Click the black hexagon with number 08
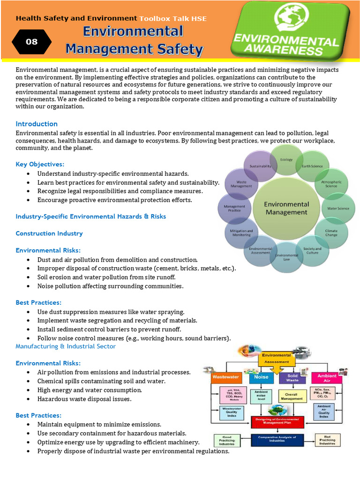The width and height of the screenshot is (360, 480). pyautogui.click(x=32, y=42)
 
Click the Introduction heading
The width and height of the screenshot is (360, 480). pyautogui.click(x=37, y=124)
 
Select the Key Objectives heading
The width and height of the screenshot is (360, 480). pyautogui.click(x=40, y=164)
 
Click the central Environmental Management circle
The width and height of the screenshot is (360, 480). pyautogui.click(x=286, y=208)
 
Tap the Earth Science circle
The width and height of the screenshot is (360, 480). pyautogui.click(x=312, y=166)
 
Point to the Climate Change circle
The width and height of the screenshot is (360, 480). pyautogui.click(x=331, y=232)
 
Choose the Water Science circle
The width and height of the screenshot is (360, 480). pyautogui.click(x=338, y=208)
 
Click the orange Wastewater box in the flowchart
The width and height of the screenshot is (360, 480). pyautogui.click(x=226, y=376)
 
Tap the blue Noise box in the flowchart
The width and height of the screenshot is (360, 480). pyautogui.click(x=261, y=376)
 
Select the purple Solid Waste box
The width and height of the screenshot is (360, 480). pyautogui.click(x=292, y=377)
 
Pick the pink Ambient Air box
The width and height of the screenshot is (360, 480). pyautogui.click(x=327, y=378)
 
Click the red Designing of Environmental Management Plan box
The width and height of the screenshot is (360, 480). pyautogui.click(x=277, y=422)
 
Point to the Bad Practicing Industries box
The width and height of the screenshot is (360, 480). pyautogui.click(x=328, y=440)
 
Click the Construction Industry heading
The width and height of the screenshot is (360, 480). pyautogui.click(x=49, y=233)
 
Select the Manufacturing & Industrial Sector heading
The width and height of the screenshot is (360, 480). pyautogui.click(x=66, y=346)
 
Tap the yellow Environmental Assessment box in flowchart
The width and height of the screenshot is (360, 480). pyautogui.click(x=277, y=359)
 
